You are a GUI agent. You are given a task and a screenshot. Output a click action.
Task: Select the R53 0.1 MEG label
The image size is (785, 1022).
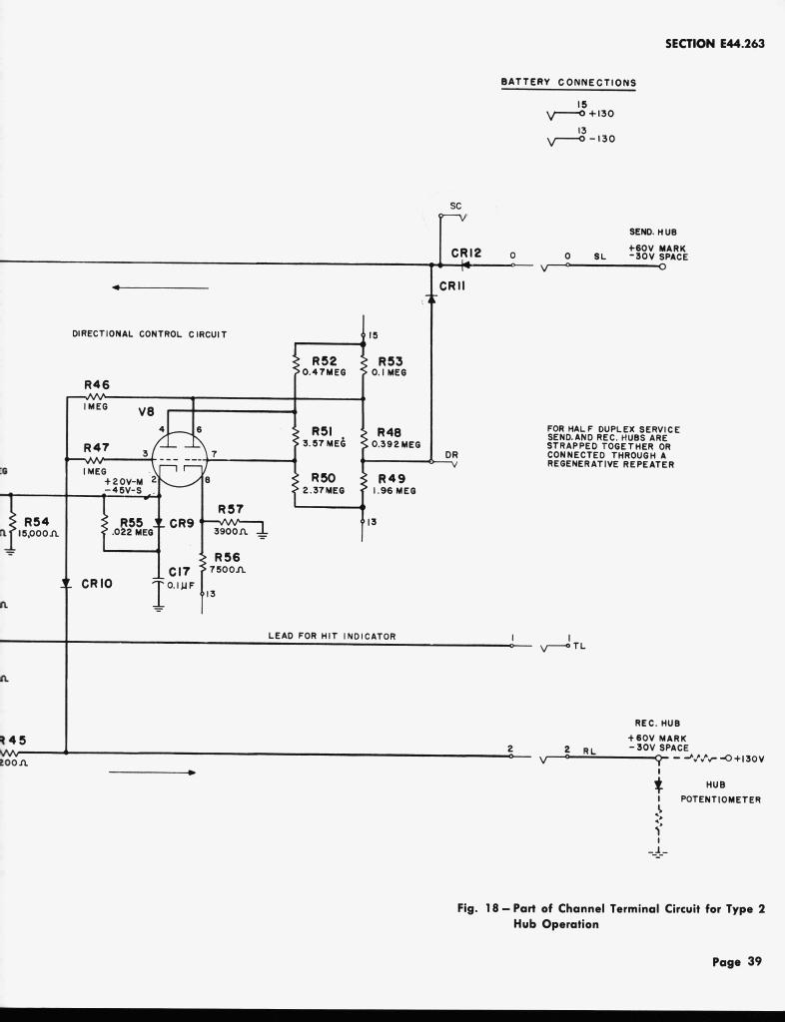391,366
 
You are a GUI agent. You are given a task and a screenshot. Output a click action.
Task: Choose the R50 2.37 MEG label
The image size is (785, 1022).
324,484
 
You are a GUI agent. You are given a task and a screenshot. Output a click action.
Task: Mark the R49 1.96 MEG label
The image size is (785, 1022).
392,484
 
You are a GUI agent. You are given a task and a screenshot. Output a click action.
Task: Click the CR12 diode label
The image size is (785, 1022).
466,254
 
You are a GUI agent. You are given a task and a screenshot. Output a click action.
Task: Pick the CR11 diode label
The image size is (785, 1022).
454,285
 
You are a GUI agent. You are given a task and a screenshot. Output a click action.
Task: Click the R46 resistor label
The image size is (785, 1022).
97,384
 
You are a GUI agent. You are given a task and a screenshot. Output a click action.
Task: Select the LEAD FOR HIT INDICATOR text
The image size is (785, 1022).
332,636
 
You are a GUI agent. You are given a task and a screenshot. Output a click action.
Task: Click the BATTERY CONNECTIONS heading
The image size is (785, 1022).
568,82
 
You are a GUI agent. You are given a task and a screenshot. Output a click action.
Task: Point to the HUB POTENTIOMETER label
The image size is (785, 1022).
721,791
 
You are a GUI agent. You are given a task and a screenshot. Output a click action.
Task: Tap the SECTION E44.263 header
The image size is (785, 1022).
714,43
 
